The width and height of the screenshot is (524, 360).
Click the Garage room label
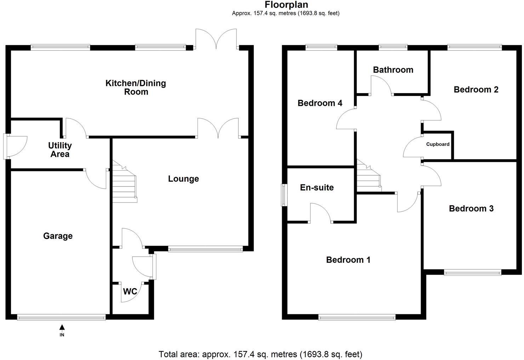tap(58, 236)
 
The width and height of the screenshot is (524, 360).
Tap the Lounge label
tap(183, 179)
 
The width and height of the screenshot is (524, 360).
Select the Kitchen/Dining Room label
tap(136, 87)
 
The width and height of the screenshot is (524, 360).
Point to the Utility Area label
tap(60, 150)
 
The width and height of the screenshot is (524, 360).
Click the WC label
tap(130, 292)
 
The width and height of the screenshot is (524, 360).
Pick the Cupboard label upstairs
tap(438, 144)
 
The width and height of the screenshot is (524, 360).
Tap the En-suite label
tap(317, 187)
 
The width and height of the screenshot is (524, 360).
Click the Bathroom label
tap(393, 70)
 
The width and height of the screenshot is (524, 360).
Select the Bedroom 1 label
tap(348, 260)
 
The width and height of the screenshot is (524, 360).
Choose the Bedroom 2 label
tap(476, 90)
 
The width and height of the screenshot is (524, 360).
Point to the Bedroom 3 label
tap(471, 208)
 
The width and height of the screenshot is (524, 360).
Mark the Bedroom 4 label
tap(320, 103)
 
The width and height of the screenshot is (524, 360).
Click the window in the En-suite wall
tap(284, 195)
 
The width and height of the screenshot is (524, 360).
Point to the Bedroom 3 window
tap(473, 272)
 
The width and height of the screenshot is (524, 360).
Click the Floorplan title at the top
tap(286, 5)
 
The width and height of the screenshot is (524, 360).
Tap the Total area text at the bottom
tap(260, 354)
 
